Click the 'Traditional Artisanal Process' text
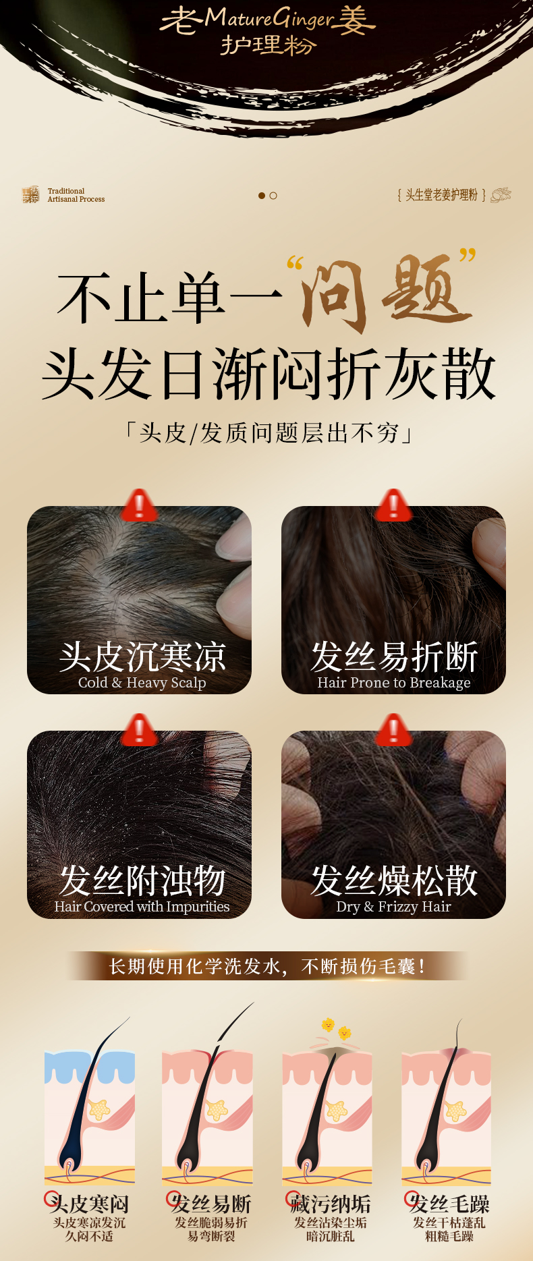coord(76,195)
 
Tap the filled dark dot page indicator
coord(262,196)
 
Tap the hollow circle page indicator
coord(273,196)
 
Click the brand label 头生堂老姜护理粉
coord(441,195)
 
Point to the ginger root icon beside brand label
coord(501,195)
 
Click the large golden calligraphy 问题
coord(385,291)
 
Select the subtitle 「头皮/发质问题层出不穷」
coord(269,432)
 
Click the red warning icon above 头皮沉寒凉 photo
coord(139,505)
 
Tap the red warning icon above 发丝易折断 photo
coord(393,505)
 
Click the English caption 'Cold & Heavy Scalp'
coord(142,682)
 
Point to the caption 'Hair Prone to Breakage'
coord(394,682)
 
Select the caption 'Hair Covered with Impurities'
coord(142,906)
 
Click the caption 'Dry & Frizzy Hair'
coord(394,906)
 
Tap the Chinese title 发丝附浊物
coord(142,880)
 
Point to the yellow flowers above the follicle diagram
coord(337,1028)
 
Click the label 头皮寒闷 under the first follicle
coord(89,1203)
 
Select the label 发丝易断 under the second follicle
coord(211,1203)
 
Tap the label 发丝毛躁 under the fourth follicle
coord(449,1203)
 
